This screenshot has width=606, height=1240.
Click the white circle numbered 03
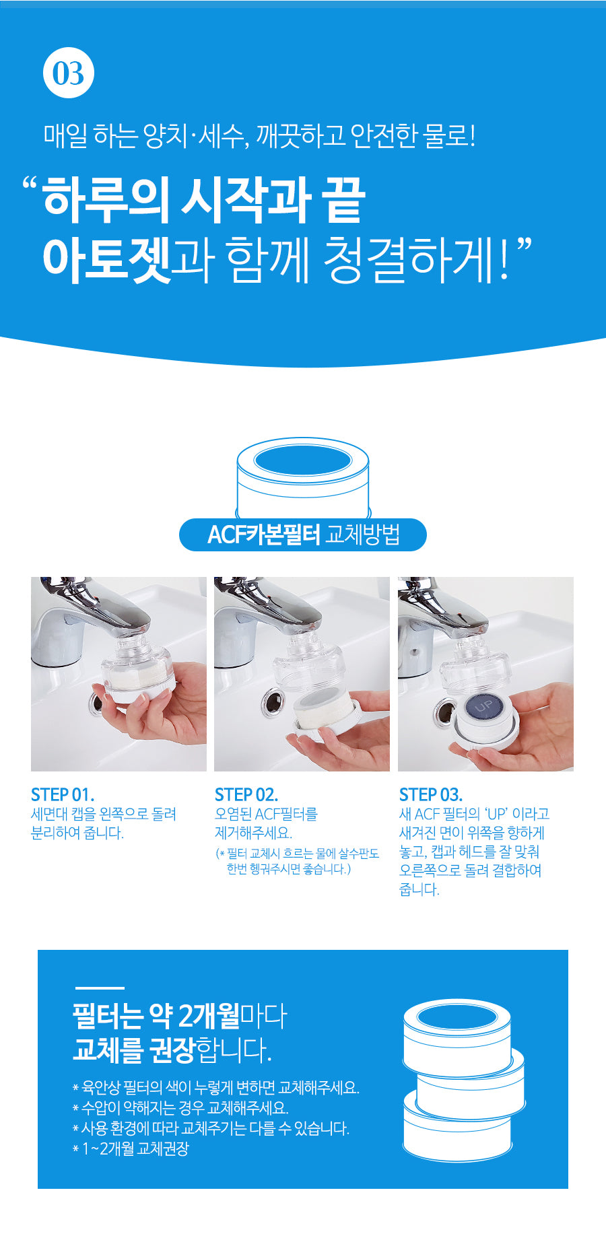(x=69, y=73)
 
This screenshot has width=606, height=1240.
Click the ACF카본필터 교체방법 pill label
(x=303, y=535)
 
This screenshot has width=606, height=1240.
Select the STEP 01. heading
(x=63, y=794)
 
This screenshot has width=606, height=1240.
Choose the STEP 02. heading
(x=246, y=794)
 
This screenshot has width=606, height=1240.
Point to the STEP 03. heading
(x=431, y=794)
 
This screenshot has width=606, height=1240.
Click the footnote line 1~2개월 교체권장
(x=131, y=1148)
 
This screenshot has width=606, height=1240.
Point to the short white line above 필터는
(x=100, y=988)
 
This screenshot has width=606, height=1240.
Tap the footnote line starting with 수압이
(x=180, y=1108)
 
